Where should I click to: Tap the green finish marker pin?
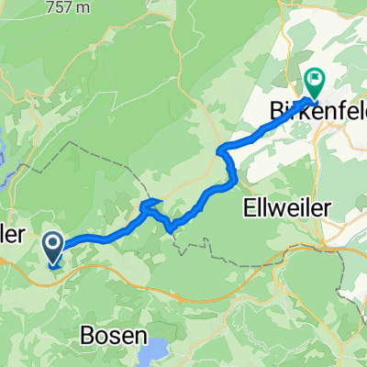[x=314, y=83]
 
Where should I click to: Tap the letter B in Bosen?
[x=86, y=335]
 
